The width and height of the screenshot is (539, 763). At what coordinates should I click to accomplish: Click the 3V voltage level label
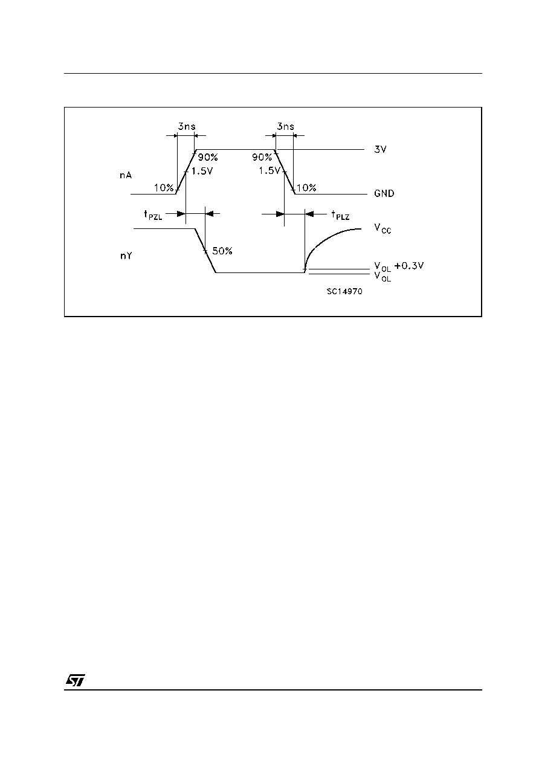[x=380, y=149]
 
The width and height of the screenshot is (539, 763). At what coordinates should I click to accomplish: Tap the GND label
[x=384, y=193]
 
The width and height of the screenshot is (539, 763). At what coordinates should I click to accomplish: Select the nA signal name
[x=125, y=175]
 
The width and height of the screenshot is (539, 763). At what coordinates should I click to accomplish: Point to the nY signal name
[x=126, y=256]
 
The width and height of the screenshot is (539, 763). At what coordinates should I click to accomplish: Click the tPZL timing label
[x=153, y=215]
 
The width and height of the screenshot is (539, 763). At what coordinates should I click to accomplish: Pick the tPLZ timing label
[x=340, y=215]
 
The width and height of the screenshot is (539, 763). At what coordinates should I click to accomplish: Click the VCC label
[x=382, y=228]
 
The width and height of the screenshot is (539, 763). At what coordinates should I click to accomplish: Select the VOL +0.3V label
[x=399, y=266]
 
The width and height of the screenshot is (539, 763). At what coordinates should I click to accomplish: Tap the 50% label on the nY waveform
[x=222, y=251]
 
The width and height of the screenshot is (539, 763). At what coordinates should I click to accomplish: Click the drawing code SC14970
[x=344, y=291]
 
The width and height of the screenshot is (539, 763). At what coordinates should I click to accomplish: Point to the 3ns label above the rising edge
[x=187, y=127]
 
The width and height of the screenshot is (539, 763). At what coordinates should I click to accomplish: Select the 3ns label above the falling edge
[x=286, y=127]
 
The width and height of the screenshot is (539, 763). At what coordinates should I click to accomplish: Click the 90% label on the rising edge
[x=208, y=157]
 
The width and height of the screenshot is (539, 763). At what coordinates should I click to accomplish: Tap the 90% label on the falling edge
[x=262, y=157]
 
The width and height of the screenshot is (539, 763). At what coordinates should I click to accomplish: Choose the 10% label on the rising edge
[x=164, y=188]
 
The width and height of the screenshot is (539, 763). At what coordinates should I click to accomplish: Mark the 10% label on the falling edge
[x=306, y=188]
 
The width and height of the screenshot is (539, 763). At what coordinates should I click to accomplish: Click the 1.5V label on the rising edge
[x=202, y=171]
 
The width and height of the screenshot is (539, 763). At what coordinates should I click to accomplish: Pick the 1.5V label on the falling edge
[x=269, y=170]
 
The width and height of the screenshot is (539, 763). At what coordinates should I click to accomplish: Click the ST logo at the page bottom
[x=76, y=680]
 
